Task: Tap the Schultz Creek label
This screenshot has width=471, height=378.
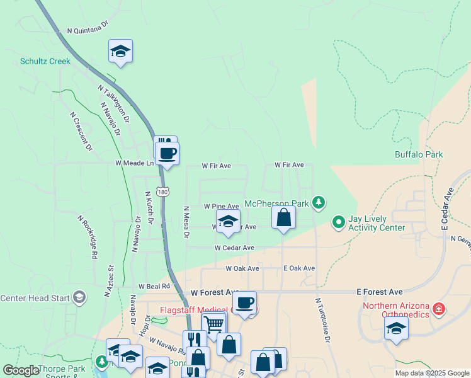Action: pos(45,61)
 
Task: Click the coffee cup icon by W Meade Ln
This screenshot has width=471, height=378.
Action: pos(167,153)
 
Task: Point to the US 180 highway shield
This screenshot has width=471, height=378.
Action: pos(163,191)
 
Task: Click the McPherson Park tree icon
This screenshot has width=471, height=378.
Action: pos(320,202)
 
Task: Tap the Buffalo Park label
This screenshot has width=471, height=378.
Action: pos(419,154)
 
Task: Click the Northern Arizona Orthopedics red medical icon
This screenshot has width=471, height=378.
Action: pos(439,310)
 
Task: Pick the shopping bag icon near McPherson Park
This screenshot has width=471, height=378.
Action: pos(284,217)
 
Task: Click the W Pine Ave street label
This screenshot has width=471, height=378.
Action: pos(221,206)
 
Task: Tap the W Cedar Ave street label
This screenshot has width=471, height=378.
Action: pos(234,248)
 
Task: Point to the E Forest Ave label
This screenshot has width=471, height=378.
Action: pos(379,292)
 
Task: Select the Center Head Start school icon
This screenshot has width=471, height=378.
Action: pos(79,297)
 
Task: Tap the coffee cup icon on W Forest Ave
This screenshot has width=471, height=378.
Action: pos(244,302)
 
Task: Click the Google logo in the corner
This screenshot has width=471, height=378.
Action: pos(21,370)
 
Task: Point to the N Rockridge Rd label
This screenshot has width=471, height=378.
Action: pos(88,237)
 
